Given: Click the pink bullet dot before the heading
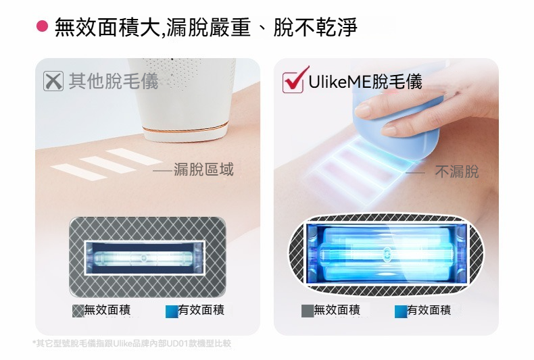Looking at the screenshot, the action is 42,26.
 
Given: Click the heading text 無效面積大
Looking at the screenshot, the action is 107,27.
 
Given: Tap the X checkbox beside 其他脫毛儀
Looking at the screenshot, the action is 53,81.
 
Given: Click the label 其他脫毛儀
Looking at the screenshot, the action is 114,81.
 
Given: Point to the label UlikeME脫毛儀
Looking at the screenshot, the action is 365,82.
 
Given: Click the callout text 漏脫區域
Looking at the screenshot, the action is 203,170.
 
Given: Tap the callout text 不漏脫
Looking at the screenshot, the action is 457,172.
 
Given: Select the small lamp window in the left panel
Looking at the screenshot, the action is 145,258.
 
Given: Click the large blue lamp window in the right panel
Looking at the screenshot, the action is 387,254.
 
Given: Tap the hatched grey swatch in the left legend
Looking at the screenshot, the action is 78,311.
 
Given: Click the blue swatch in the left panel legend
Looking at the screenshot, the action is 172,311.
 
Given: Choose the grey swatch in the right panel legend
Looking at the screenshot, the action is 308,311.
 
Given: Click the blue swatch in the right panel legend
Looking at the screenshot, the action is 401,311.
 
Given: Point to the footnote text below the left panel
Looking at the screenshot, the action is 132,343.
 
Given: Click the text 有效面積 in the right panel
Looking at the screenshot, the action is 429,310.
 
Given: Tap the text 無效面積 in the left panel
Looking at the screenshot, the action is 107,310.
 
